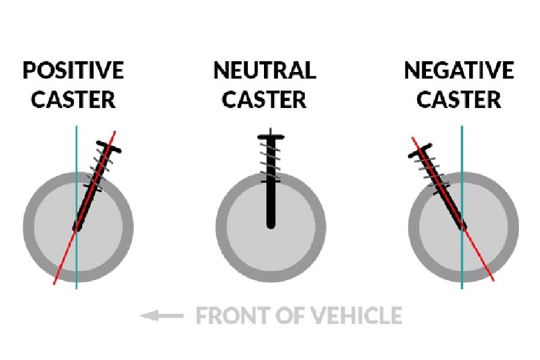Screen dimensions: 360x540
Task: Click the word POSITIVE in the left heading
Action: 73,71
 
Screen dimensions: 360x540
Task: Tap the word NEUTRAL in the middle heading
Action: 265,71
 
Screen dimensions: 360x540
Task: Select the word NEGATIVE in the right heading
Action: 459,71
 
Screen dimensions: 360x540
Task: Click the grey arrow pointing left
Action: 161,315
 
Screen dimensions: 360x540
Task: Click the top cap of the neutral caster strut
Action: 270,136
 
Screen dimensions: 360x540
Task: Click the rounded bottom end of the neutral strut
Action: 270,224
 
